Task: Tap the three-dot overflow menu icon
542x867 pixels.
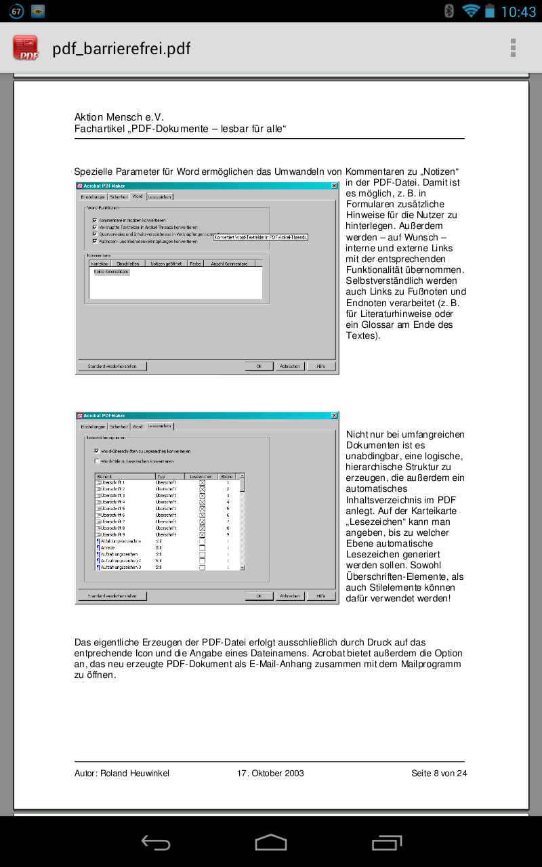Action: tap(513, 48)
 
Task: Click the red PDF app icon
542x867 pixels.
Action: tap(26, 48)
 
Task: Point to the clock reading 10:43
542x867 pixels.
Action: tap(518, 12)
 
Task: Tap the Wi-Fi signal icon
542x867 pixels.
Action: tap(470, 11)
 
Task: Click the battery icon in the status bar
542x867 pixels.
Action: tap(490, 11)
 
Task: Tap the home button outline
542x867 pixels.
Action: tap(271, 842)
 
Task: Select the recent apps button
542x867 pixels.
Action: tap(387, 842)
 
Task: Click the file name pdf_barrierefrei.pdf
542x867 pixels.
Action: tap(121, 49)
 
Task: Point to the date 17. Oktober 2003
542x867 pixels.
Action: tap(270, 773)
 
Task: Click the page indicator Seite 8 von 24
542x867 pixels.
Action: tap(438, 773)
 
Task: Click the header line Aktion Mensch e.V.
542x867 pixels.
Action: tap(119, 117)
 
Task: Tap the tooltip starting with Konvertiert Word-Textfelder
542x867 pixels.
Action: tap(261, 237)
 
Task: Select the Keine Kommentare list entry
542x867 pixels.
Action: tap(111, 272)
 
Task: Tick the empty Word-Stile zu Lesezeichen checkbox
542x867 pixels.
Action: tap(97, 461)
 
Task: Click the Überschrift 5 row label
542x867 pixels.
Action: tap(113, 508)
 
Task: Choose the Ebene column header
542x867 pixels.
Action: tap(228, 477)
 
